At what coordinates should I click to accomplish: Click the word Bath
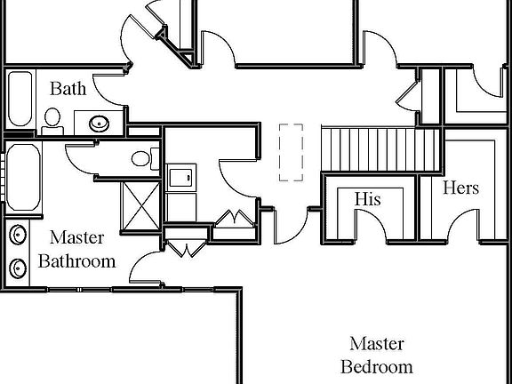click(x=68, y=88)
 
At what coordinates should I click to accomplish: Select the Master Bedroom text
click(x=377, y=355)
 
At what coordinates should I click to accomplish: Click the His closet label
click(x=367, y=198)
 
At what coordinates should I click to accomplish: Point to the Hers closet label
click(x=460, y=188)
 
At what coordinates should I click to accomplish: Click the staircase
click(x=380, y=150)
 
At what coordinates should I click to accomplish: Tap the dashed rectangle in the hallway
click(x=290, y=152)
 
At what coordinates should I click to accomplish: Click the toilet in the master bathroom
click(x=141, y=160)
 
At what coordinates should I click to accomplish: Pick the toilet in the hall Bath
click(x=52, y=119)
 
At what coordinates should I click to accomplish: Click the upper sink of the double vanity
click(x=18, y=235)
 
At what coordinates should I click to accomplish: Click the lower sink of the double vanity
click(x=18, y=266)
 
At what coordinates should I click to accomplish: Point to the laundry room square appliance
click(x=181, y=176)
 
